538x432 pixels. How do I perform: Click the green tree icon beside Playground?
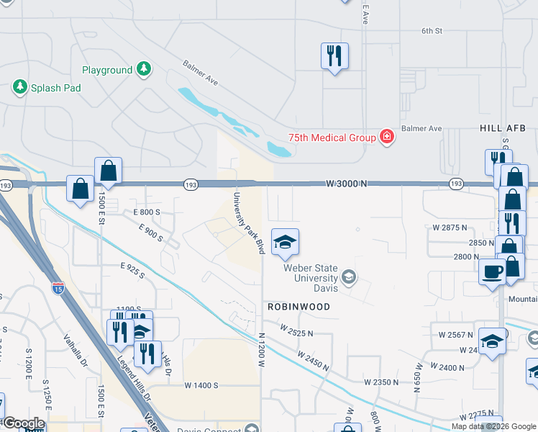pos(145,69)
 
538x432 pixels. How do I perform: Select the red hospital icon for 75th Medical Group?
pos(387,138)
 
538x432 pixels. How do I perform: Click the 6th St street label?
pos(431,31)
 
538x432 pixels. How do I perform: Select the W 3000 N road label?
pos(346,184)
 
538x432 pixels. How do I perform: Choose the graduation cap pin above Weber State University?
pos(285,243)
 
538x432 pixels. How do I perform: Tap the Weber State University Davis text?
pos(311,273)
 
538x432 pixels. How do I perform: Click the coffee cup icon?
pos(493,271)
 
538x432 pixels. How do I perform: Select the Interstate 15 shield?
pos(58,288)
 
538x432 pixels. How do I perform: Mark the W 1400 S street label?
pos(201,385)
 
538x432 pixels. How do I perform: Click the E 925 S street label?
pos(132,270)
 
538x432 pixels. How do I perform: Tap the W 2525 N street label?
pos(296,333)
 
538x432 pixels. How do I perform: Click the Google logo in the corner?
pos(24,423)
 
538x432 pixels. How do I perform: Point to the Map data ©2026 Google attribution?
pos(493,426)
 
